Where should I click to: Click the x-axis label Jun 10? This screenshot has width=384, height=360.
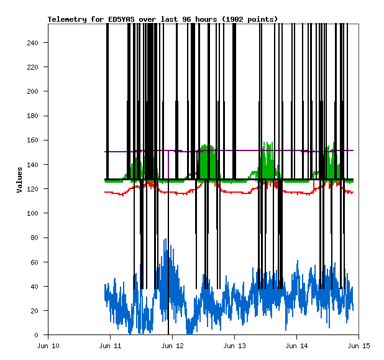click(x=48, y=345)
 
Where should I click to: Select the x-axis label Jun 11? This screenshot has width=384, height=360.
click(x=110, y=345)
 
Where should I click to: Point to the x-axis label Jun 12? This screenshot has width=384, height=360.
click(x=172, y=345)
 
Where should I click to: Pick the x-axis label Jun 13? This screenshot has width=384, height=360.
click(x=234, y=345)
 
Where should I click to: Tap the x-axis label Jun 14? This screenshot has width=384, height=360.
click(x=296, y=345)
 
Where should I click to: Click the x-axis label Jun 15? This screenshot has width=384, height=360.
click(x=359, y=345)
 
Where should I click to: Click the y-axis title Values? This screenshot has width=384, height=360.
click(x=20, y=179)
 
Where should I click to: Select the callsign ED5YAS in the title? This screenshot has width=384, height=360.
click(x=124, y=19)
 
